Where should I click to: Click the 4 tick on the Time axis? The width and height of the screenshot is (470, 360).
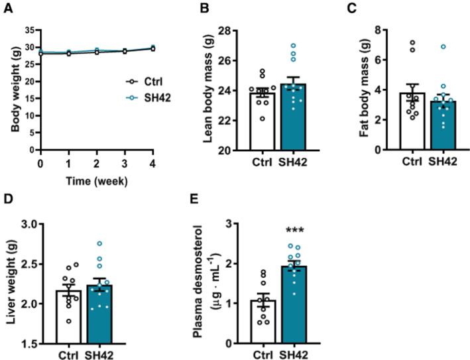click(x=152, y=162)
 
